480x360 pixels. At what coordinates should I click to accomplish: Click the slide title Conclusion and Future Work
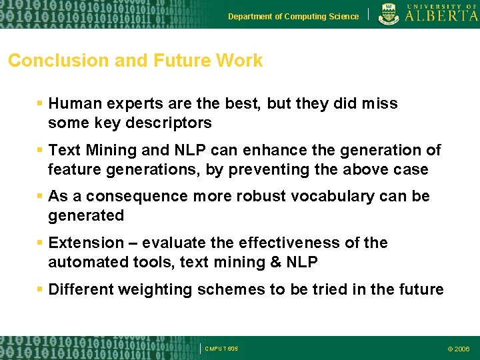point(135,61)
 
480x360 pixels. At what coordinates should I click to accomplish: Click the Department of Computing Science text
point(293,17)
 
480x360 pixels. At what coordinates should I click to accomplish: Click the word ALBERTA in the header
point(441,17)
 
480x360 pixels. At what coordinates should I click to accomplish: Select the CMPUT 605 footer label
point(221,349)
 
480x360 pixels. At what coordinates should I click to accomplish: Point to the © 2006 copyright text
point(458,349)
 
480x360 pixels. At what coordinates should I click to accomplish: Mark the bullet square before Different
point(41,289)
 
